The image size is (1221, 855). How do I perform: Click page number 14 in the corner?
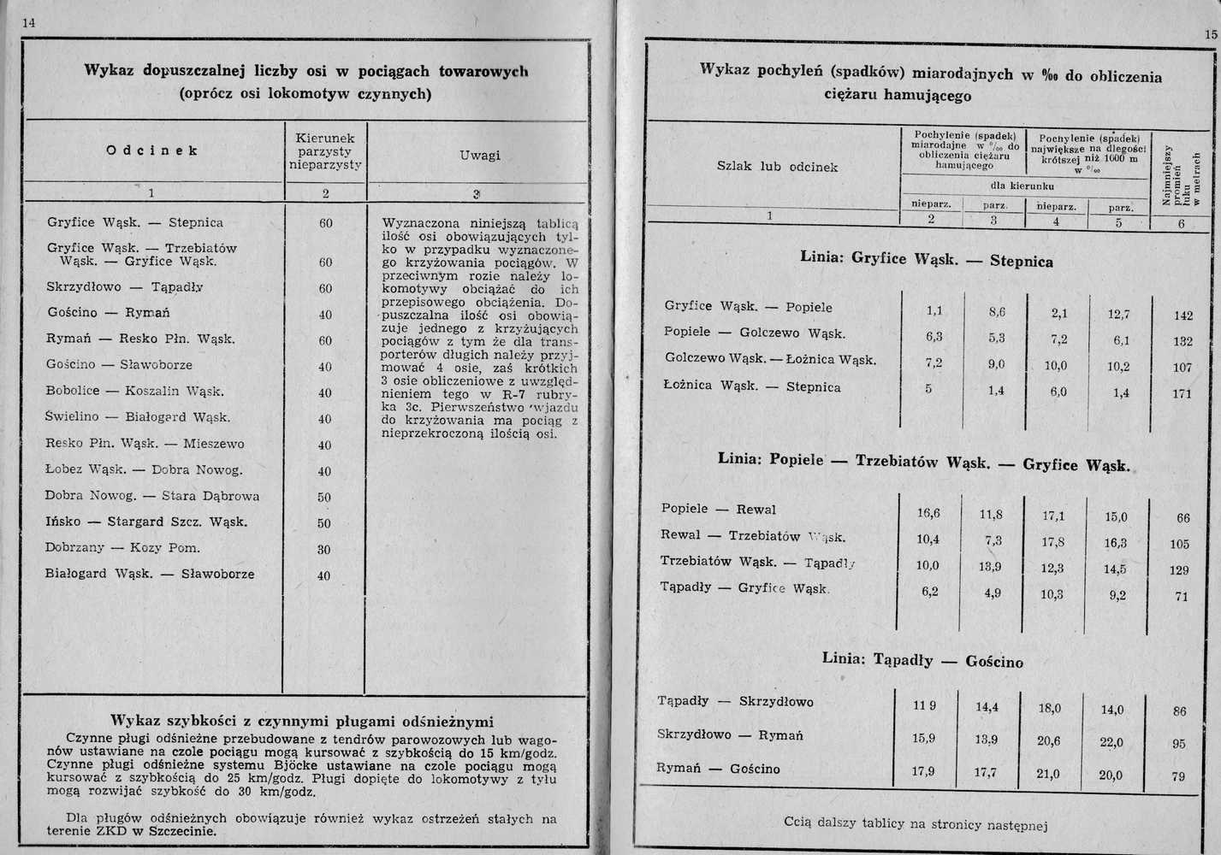coord(28,24)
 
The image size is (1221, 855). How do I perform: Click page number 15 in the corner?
coord(1210,34)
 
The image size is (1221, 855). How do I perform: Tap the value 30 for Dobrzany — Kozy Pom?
coord(324,550)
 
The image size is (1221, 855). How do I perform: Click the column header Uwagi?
coord(479,155)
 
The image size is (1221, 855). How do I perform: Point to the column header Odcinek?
coord(152,150)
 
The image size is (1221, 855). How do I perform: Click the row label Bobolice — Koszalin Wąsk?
coord(135,392)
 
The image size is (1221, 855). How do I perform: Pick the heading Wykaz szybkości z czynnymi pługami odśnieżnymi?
coord(303,720)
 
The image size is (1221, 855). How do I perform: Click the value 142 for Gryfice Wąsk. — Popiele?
coord(1183,315)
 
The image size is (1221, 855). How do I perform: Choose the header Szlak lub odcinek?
coord(776,167)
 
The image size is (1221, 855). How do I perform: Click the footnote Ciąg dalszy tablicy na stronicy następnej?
coord(916,823)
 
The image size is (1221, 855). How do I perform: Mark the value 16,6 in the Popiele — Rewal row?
coord(928,513)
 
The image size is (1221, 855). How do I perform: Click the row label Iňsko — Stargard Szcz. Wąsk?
coord(146,522)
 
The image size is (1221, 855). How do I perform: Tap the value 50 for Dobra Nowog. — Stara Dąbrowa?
coord(324,498)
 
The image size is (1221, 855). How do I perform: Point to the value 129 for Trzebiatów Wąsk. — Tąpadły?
coord(1179,570)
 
